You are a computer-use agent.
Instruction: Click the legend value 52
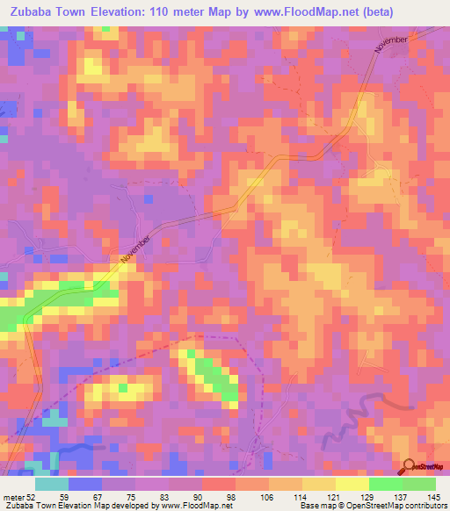tap(32, 496)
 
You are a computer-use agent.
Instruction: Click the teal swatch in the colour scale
tap(52, 484)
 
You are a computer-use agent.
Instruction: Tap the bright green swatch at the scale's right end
tap(419, 484)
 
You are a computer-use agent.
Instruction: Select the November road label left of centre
tap(136, 248)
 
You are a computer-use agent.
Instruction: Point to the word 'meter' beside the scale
tap(12, 496)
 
